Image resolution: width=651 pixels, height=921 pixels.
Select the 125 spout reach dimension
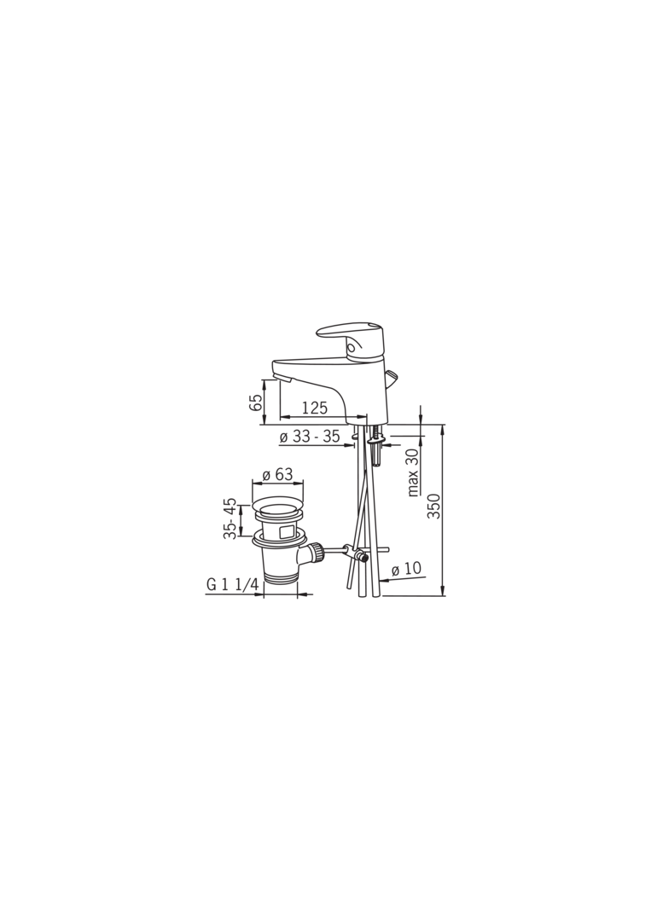[314, 408]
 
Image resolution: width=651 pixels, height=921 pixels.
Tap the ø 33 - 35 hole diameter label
[309, 437]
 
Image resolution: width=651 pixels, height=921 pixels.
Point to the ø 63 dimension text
[277, 474]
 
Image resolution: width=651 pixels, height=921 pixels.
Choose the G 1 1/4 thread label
[232, 585]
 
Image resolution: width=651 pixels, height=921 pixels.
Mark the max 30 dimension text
[413, 472]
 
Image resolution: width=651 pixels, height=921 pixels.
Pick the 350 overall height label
[434, 507]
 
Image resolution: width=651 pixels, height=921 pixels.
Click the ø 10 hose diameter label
[406, 569]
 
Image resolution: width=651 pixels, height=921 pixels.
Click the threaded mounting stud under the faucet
[376, 453]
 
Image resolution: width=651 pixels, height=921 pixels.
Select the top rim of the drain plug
[278, 503]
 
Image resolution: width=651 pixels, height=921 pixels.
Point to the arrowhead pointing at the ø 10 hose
[381, 581]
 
